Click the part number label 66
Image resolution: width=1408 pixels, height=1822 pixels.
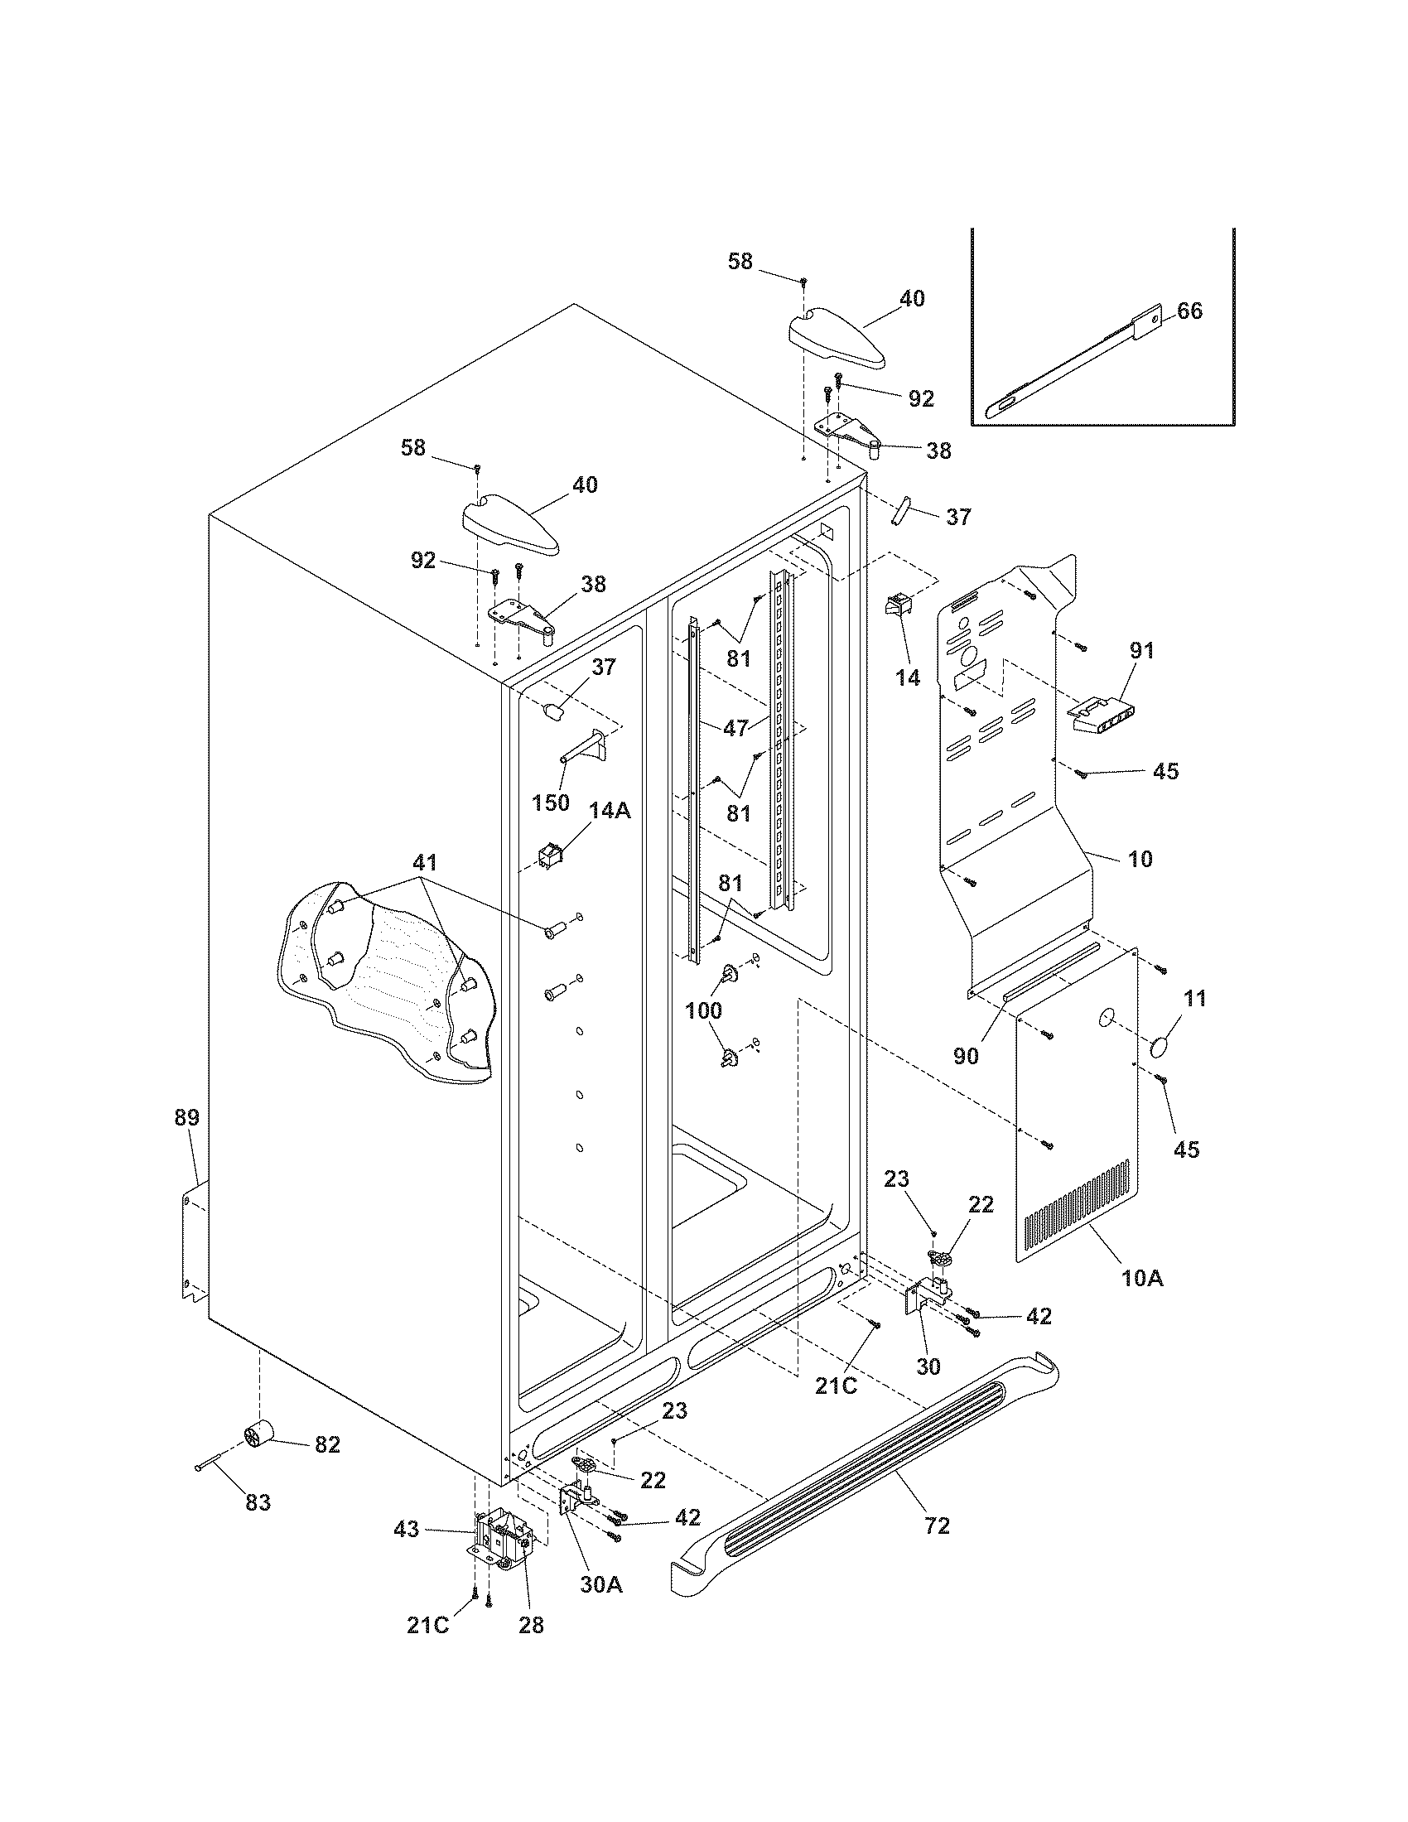[x=1189, y=311]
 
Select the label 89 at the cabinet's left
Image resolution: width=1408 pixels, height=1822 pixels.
[x=187, y=1117]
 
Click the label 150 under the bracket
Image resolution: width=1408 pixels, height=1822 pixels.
[x=551, y=803]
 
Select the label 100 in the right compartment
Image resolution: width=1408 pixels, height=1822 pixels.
[x=703, y=1011]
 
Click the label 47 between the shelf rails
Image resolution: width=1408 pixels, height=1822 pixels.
[x=735, y=727]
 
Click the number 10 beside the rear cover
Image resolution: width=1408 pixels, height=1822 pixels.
[x=1140, y=858]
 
